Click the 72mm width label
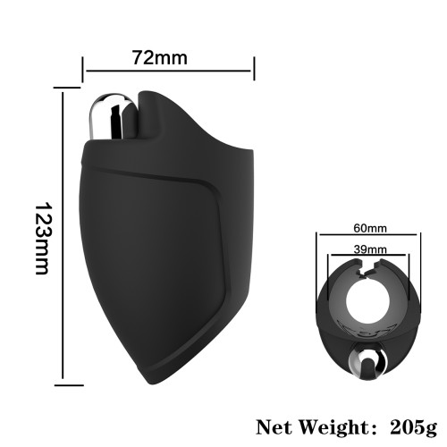coord(160,58)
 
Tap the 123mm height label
coord(42,239)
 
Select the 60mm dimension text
coord(370,228)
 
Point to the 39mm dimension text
coord(370,249)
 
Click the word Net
coord(274,427)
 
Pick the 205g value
coord(413,428)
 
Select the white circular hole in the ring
coord(367,301)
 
